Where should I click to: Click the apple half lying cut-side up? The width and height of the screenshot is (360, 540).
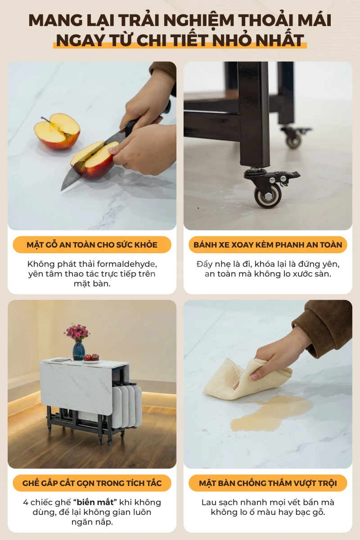57,131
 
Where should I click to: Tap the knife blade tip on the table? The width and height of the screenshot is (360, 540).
62,191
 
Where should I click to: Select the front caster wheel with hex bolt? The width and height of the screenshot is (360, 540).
268,196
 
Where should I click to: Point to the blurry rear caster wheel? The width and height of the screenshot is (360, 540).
294,140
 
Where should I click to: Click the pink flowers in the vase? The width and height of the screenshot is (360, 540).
77,332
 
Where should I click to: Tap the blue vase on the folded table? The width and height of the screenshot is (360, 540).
79,351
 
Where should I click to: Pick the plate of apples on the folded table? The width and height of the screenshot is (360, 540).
91,359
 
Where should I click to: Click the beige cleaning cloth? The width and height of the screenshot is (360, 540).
247,379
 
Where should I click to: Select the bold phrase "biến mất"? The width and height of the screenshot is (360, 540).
95,502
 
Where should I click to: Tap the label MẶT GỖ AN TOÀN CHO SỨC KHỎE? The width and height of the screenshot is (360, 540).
92,245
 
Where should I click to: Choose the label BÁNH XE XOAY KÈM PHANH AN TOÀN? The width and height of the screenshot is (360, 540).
268,245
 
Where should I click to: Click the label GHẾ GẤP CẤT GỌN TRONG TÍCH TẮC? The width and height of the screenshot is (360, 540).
92,483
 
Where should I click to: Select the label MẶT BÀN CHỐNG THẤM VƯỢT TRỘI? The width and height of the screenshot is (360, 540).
268,483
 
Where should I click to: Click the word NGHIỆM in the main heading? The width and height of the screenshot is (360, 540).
200,21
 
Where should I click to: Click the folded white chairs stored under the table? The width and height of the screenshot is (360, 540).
127,406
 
